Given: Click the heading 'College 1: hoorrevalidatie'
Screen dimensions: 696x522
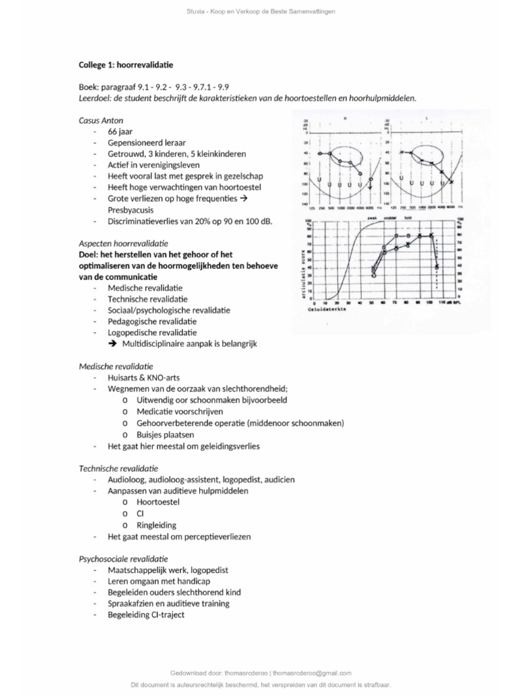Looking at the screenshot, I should point(126,65).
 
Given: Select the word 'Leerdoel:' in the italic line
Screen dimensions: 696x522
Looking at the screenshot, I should point(97,98).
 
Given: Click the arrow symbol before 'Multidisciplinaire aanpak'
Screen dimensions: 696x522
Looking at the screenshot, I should point(113,344).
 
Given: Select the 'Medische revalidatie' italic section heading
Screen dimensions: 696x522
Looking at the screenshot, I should point(116,366).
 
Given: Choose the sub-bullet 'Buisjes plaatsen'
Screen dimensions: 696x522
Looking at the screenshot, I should point(165,434).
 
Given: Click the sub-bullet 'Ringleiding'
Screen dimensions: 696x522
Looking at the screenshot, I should point(156,525).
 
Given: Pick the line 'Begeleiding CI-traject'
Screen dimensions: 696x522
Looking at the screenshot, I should point(145,614).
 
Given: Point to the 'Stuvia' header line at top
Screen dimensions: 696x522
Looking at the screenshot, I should point(261,12).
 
